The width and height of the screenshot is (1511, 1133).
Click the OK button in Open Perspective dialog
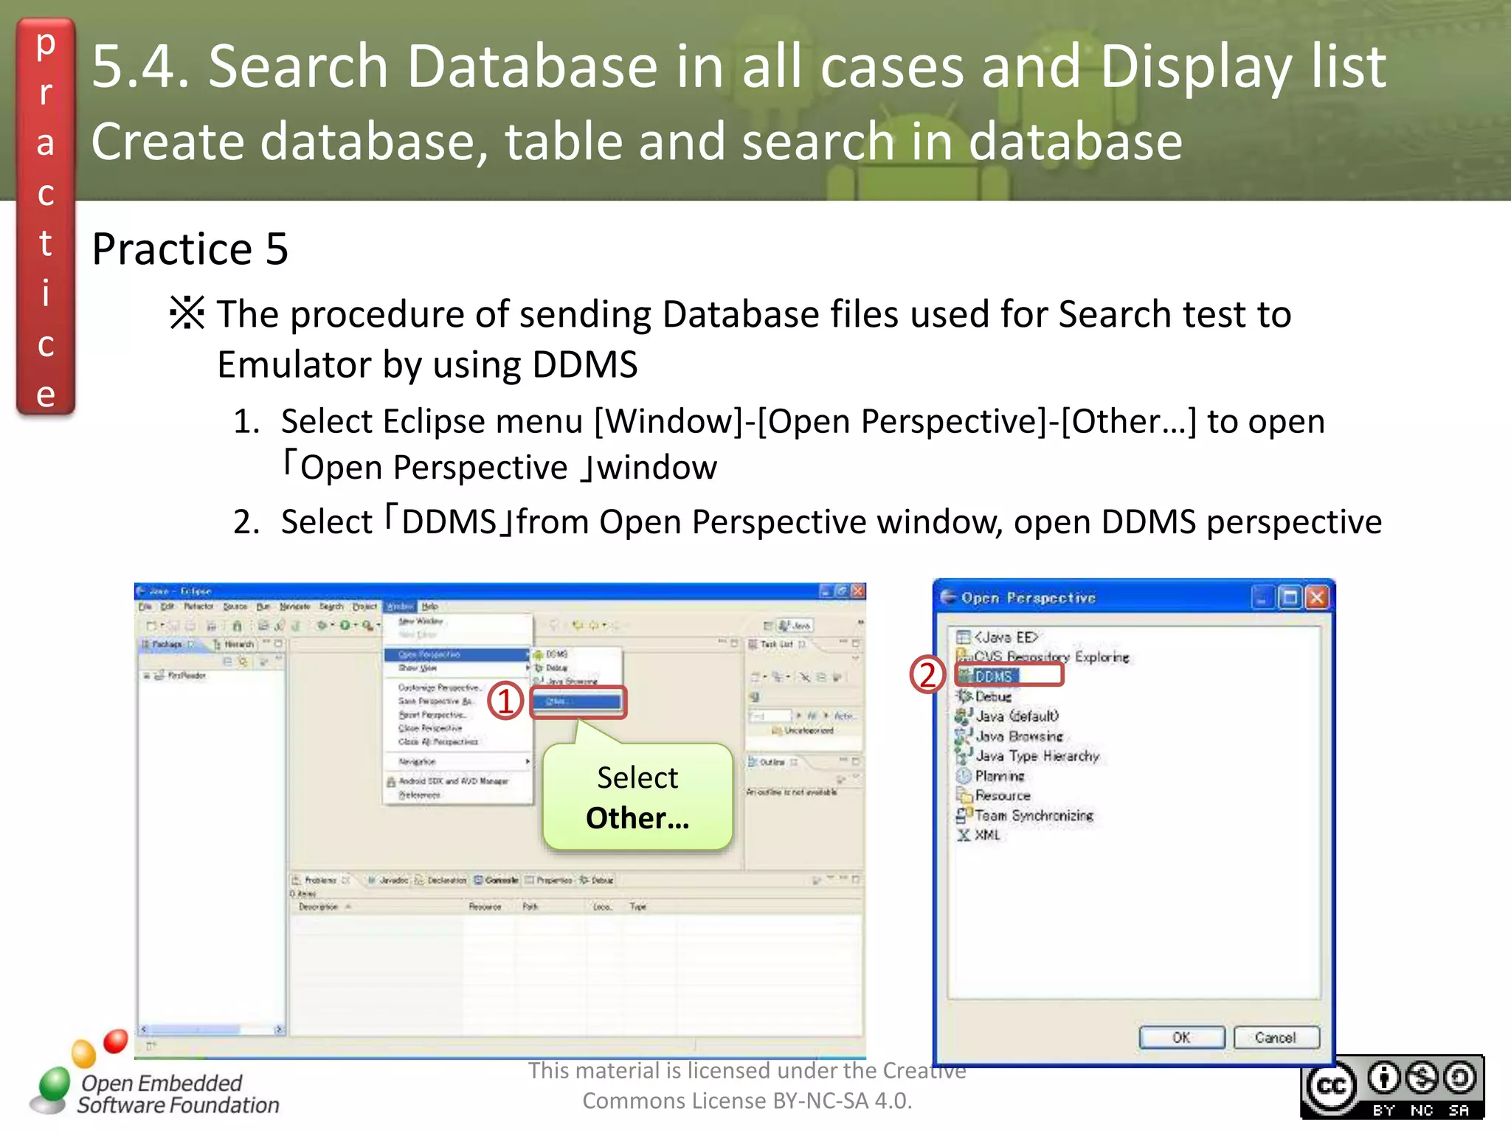point(1181,1037)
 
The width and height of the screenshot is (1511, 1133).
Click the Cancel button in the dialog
point(1275,1037)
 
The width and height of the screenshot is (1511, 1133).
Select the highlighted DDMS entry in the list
point(994,676)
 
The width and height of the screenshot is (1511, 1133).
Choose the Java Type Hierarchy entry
point(1037,755)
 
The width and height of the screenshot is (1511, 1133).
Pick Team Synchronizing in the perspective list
point(1033,815)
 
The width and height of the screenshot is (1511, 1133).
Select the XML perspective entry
point(986,835)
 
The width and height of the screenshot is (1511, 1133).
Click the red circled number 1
point(505,701)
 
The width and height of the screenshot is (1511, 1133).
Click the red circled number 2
point(927,674)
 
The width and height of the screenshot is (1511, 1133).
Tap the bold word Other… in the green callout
point(637,818)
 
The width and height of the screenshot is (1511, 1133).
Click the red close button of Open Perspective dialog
point(1316,597)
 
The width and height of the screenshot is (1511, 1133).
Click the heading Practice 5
point(190,249)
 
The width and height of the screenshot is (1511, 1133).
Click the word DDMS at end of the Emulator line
point(584,364)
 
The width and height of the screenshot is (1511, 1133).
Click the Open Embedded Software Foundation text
point(177,1094)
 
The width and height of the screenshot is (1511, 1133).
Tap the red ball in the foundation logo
point(116,1040)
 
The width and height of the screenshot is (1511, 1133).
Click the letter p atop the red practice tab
point(46,44)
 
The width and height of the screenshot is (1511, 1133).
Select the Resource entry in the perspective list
point(1002,795)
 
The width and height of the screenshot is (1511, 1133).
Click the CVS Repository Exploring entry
point(1051,656)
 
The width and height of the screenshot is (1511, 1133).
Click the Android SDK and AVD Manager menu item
point(453,780)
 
